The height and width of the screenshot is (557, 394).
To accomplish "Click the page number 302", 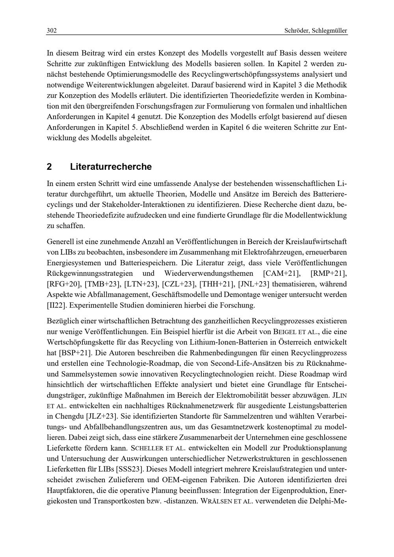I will [52, 30].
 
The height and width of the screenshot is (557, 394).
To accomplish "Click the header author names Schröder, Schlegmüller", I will [316, 30].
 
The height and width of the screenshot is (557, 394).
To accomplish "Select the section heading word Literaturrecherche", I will [111, 167].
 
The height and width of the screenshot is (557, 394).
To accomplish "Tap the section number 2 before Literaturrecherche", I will [49, 167].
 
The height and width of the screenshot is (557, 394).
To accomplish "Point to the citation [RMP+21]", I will [329, 273].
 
